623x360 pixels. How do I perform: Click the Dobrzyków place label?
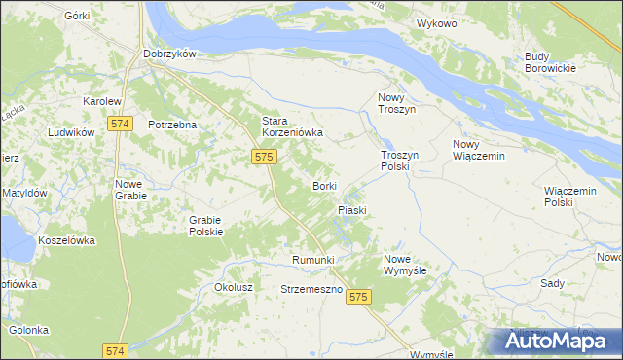(x=170, y=54)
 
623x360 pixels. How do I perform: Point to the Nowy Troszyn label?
(x=396, y=104)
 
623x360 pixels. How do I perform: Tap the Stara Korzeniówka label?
(x=291, y=126)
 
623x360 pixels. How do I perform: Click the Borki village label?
(x=324, y=185)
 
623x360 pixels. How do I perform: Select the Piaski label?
(x=351, y=210)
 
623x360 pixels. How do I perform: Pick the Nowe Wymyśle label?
(x=406, y=264)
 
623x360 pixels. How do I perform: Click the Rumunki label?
(x=313, y=260)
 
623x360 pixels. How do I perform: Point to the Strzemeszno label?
(x=311, y=290)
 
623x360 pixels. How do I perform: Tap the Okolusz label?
(x=234, y=288)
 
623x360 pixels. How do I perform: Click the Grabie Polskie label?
(x=206, y=226)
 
